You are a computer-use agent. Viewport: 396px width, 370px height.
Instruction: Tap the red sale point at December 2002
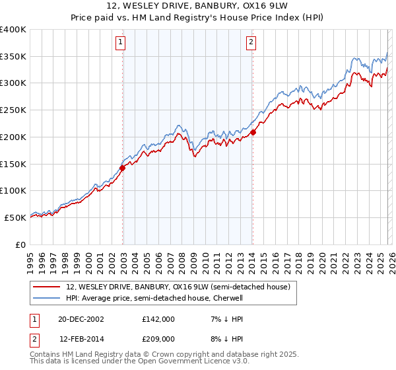click(x=123, y=168)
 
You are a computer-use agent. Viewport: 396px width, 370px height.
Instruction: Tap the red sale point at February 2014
click(x=253, y=132)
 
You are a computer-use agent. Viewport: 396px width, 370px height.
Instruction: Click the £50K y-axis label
click(x=16, y=217)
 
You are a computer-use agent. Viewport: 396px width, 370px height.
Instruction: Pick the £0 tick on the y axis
click(x=22, y=244)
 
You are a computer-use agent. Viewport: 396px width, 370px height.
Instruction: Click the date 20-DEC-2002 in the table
click(x=81, y=318)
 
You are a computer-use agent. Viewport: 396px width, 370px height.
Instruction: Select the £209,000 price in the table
click(x=158, y=338)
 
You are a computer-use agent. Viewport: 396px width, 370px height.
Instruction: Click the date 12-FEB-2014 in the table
click(x=81, y=338)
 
